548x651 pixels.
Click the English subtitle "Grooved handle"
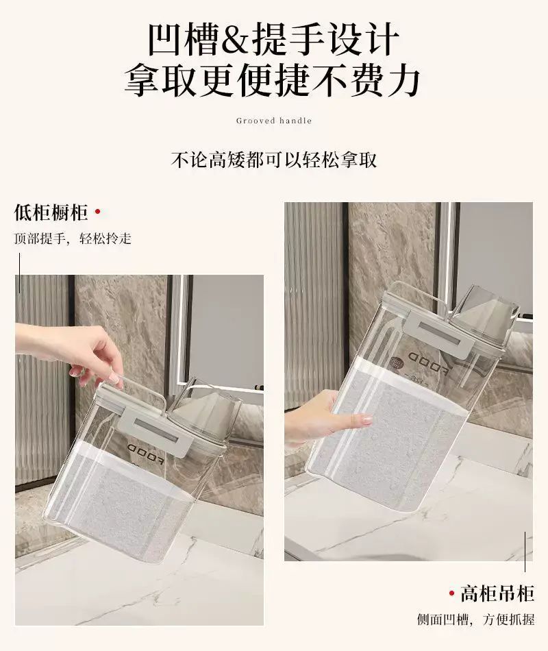(274, 121)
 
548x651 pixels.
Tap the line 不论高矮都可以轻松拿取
(274, 160)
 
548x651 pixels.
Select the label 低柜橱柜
(51, 212)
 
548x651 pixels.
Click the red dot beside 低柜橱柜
(98, 212)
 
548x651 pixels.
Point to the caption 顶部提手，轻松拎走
(73, 238)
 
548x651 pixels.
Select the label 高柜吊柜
(497, 593)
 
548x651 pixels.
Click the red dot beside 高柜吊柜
(451, 593)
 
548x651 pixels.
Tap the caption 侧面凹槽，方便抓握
(476, 620)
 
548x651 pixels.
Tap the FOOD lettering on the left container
(146, 452)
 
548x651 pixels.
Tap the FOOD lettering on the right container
(427, 363)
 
